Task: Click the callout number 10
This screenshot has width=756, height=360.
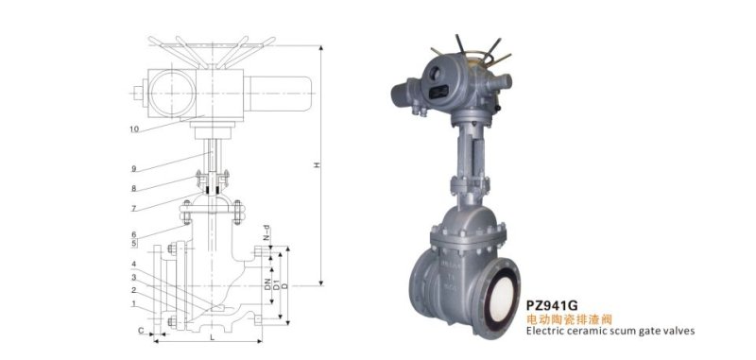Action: [134, 129]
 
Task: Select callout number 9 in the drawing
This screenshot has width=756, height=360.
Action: [134, 169]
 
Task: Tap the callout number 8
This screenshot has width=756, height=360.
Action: [134, 188]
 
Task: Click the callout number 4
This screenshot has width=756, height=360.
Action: [134, 264]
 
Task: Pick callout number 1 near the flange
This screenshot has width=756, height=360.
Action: [134, 304]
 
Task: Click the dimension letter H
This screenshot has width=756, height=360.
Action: [317, 164]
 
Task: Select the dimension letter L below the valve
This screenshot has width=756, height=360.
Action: [212, 337]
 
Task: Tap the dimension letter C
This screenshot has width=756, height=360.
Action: [141, 331]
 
